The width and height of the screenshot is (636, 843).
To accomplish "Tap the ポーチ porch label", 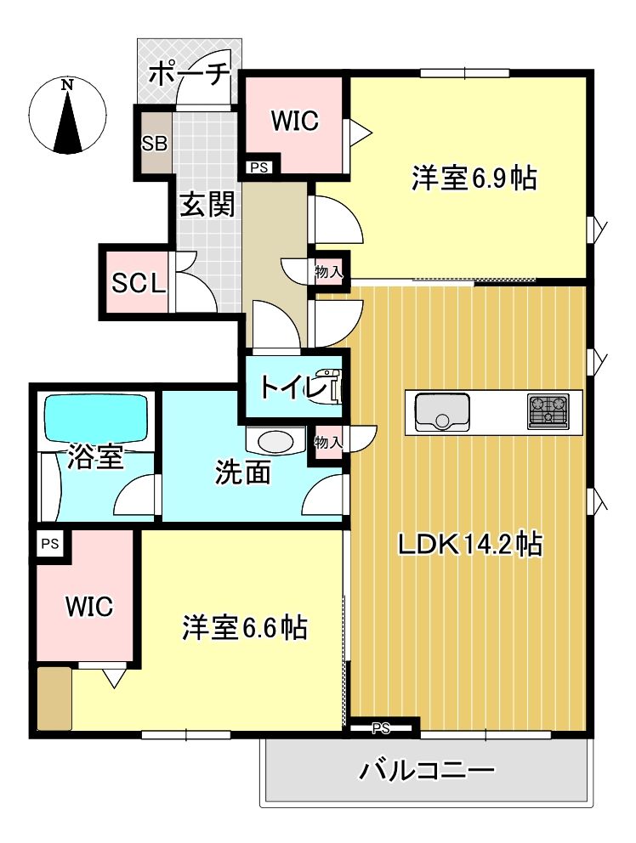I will click(x=189, y=75).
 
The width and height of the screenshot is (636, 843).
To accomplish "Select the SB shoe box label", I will click(x=154, y=144).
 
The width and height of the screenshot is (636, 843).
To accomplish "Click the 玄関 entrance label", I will click(x=207, y=205).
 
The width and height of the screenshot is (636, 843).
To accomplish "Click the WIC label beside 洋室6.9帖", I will click(x=294, y=122).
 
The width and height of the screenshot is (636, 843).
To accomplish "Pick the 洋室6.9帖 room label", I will click(x=474, y=178).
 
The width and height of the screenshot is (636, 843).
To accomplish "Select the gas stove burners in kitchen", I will click(x=548, y=411).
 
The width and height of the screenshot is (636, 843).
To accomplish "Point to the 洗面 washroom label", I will click(x=242, y=473).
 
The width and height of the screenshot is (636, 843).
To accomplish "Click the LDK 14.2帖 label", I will click(x=470, y=545).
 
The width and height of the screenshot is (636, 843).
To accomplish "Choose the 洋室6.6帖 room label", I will click(x=245, y=628).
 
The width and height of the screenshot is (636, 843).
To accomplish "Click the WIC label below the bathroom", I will click(x=89, y=607).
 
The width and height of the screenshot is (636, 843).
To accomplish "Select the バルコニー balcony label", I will click(x=426, y=772).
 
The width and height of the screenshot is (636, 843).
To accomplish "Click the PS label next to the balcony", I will click(x=381, y=727).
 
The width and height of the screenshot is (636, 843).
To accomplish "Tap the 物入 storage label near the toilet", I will click(x=328, y=442).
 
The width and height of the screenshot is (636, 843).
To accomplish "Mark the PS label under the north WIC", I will click(x=259, y=167).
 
